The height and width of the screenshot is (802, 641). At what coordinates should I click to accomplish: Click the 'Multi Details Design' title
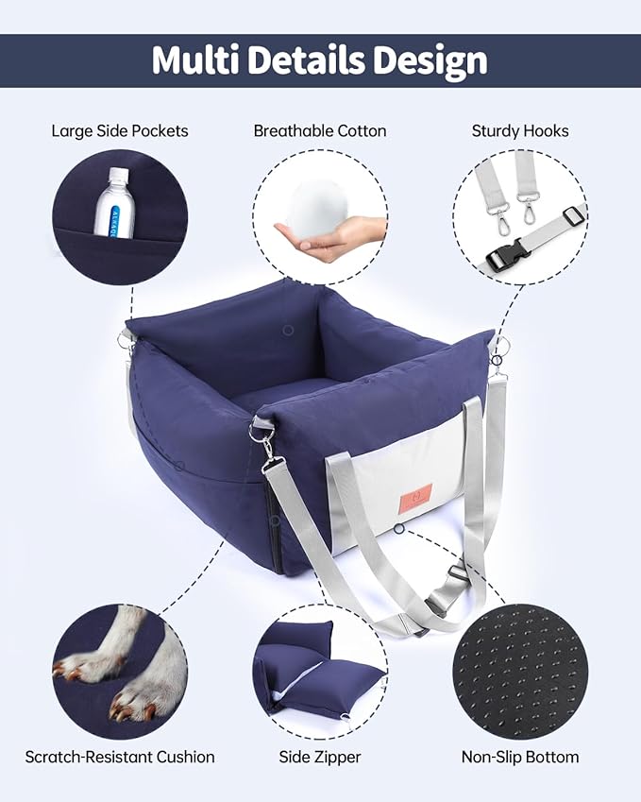pyautogui.click(x=320, y=60)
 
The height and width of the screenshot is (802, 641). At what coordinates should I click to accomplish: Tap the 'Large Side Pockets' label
pyautogui.click(x=120, y=130)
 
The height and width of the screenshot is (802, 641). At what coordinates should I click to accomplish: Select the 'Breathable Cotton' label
pyautogui.click(x=320, y=130)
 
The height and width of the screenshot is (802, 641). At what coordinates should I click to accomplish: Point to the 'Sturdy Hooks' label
pyautogui.click(x=520, y=130)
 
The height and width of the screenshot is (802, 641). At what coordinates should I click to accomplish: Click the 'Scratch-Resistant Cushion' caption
pyautogui.click(x=120, y=757)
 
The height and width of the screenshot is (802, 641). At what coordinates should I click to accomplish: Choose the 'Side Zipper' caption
pyautogui.click(x=320, y=757)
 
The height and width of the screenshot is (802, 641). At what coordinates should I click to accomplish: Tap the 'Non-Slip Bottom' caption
pyautogui.click(x=520, y=757)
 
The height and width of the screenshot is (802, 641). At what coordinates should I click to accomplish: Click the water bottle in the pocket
pyautogui.click(x=116, y=203)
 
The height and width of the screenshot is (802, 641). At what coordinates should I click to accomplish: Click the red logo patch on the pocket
pyautogui.click(x=415, y=495)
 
